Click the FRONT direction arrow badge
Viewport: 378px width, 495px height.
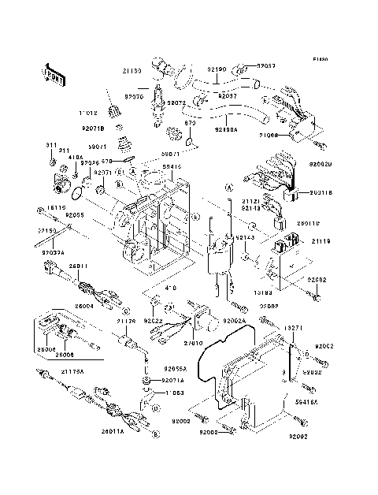pyautogui.click(x=54, y=75)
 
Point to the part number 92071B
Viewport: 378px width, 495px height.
pyautogui.click(x=92, y=125)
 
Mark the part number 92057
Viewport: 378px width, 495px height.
pyautogui.click(x=268, y=67)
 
